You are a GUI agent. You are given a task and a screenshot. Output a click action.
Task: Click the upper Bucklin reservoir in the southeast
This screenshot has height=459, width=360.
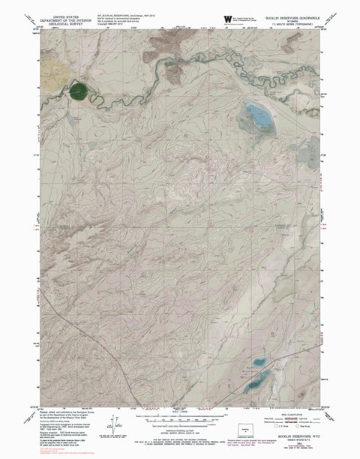[x=260, y=362]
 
